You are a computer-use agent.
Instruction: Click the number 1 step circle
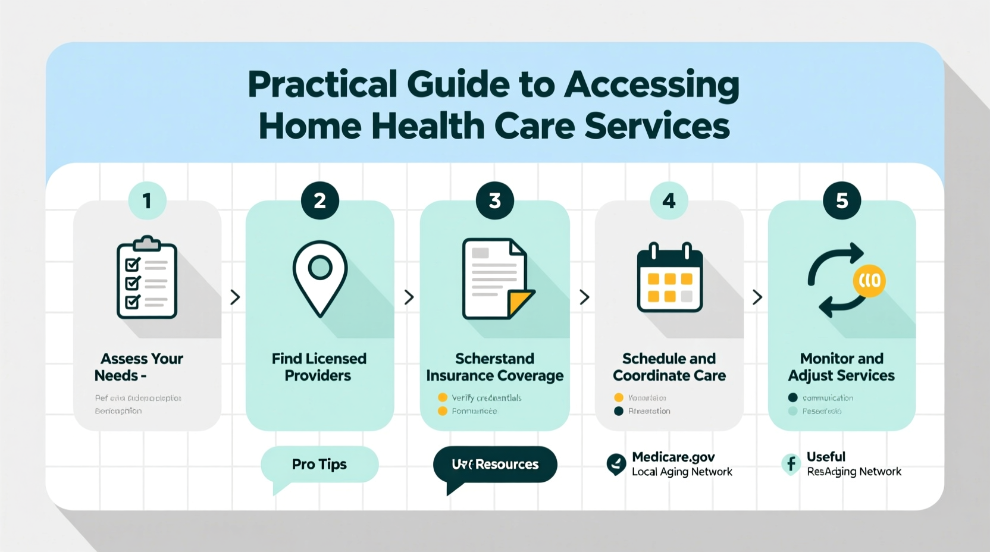[x=147, y=200]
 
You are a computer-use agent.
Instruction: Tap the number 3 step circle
[x=494, y=200]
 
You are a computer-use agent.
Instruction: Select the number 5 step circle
[x=842, y=200]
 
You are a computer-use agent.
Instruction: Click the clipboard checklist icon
[x=147, y=278]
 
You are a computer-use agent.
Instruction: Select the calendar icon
[x=670, y=278]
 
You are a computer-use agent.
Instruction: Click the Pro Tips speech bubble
[x=319, y=465]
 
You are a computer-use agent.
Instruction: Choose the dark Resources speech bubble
[x=495, y=465]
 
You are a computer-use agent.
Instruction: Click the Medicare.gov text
[x=673, y=457]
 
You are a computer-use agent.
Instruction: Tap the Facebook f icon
[x=791, y=464]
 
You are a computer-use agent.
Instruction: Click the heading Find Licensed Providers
[x=319, y=367]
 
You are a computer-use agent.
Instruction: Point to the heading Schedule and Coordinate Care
[x=669, y=367]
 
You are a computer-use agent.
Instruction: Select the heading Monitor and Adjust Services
[x=841, y=367]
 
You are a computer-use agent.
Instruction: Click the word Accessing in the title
[x=651, y=84]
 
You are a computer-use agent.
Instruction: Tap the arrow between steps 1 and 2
[x=235, y=297]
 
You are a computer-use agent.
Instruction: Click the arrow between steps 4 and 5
[x=757, y=297]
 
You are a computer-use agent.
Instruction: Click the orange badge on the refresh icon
[x=869, y=280]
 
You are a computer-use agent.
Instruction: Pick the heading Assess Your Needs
[x=141, y=367]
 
